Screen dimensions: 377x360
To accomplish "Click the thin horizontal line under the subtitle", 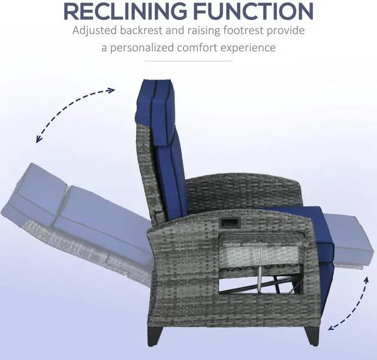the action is [188, 61].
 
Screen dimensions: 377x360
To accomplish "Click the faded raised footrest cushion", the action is [350, 239].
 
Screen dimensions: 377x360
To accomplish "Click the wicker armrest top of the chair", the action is [247, 221].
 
